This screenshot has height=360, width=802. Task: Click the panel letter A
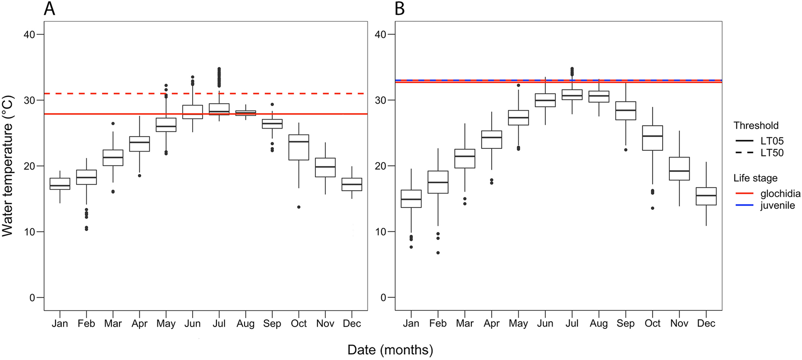click(49, 9)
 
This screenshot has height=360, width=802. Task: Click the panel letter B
click(399, 9)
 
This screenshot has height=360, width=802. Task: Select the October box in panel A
click(299, 148)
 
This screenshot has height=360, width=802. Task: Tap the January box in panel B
click(411, 198)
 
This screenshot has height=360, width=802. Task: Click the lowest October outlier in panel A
click(299, 207)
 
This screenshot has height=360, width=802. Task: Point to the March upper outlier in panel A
click(113, 124)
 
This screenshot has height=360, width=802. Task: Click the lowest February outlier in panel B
click(438, 253)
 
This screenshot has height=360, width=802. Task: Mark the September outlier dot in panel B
click(626, 150)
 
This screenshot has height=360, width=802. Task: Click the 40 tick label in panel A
click(30, 35)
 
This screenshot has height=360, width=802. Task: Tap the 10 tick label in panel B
click(381, 232)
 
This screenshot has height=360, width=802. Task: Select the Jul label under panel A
click(219, 323)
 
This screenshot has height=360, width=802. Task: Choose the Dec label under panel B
click(706, 323)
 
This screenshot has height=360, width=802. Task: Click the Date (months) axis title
click(390, 350)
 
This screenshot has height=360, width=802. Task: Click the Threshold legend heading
click(756, 125)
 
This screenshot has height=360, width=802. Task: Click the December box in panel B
click(706, 196)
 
